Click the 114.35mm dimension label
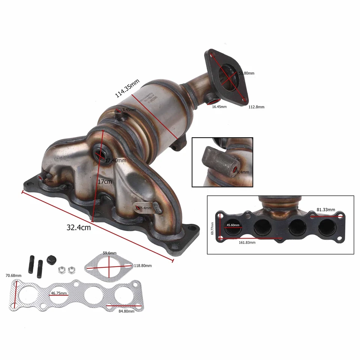click(x=127, y=88)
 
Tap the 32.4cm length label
click(x=78, y=227)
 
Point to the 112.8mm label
click(x=256, y=107)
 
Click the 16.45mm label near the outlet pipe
click(x=219, y=107)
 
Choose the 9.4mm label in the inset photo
click(x=243, y=172)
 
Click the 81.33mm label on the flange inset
click(x=325, y=210)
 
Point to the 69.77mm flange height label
click(x=213, y=228)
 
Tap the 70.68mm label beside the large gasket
click(x=14, y=275)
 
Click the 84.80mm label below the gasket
click(x=126, y=311)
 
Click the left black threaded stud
click(x=30, y=264)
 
